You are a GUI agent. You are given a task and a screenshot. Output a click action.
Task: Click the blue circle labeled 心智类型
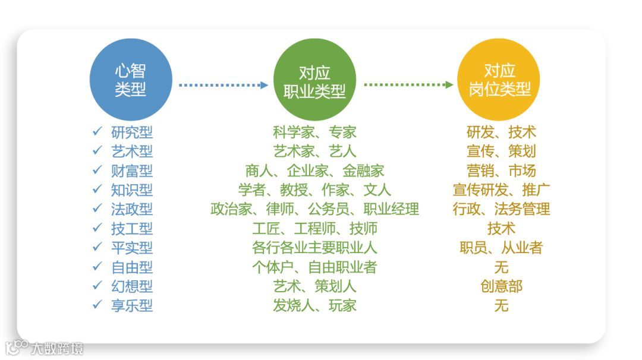130,80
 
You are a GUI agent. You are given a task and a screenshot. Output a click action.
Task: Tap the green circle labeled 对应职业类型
314,80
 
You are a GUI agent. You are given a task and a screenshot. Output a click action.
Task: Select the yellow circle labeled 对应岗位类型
499,80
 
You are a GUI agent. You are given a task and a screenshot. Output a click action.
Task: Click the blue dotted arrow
224,85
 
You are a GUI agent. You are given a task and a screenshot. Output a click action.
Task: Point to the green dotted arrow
408,85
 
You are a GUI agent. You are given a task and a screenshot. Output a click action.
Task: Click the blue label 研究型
132,132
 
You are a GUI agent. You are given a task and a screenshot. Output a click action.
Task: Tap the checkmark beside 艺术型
97,151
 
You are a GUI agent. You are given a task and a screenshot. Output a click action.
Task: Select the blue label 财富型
132,170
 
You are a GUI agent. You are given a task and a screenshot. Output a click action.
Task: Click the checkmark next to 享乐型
97,305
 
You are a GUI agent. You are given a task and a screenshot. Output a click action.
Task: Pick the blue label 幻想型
132,286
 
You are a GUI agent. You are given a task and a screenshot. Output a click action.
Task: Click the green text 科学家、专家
314,132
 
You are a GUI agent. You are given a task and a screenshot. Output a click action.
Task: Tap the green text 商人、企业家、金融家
314,170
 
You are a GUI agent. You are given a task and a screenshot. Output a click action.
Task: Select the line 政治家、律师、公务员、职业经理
314,209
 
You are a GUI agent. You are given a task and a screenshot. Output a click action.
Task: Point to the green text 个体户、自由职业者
314,267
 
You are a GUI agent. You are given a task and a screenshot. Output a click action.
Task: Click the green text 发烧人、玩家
314,305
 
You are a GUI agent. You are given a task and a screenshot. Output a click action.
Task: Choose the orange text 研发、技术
501,132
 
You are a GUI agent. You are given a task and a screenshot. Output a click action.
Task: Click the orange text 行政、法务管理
501,209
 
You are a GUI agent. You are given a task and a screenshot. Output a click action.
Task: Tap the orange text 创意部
501,286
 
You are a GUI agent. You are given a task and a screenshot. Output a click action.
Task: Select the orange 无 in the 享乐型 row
501,305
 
